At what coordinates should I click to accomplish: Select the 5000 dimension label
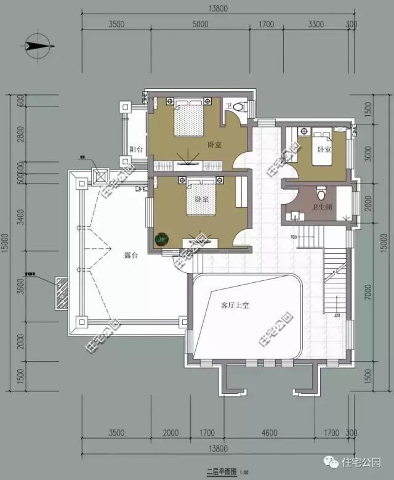click(x=201, y=25)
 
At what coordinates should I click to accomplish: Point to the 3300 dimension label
click(x=315, y=25)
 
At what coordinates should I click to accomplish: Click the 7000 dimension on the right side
click(x=368, y=295)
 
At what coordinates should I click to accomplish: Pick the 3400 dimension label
click(x=20, y=217)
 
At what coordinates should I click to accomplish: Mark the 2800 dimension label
click(x=20, y=134)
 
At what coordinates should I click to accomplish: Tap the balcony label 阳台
click(x=136, y=149)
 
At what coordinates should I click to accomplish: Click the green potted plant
click(x=162, y=238)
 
